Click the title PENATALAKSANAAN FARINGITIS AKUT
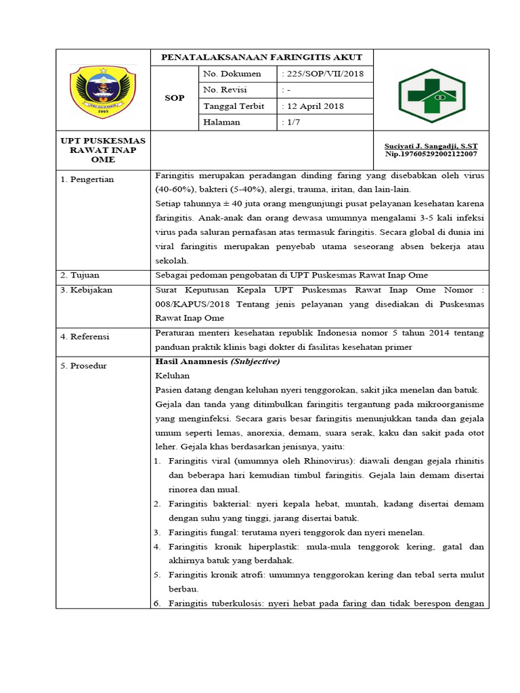point(261,57)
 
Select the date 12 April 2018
point(313,106)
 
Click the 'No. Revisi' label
point(225,90)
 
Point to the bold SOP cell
point(174,98)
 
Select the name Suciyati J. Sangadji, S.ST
point(430,146)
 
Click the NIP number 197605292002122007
point(430,154)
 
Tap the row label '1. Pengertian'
point(87,179)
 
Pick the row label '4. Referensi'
point(85,336)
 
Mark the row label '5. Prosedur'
point(84,366)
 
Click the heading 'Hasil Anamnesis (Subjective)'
point(217,361)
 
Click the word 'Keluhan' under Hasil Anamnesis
point(172,376)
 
